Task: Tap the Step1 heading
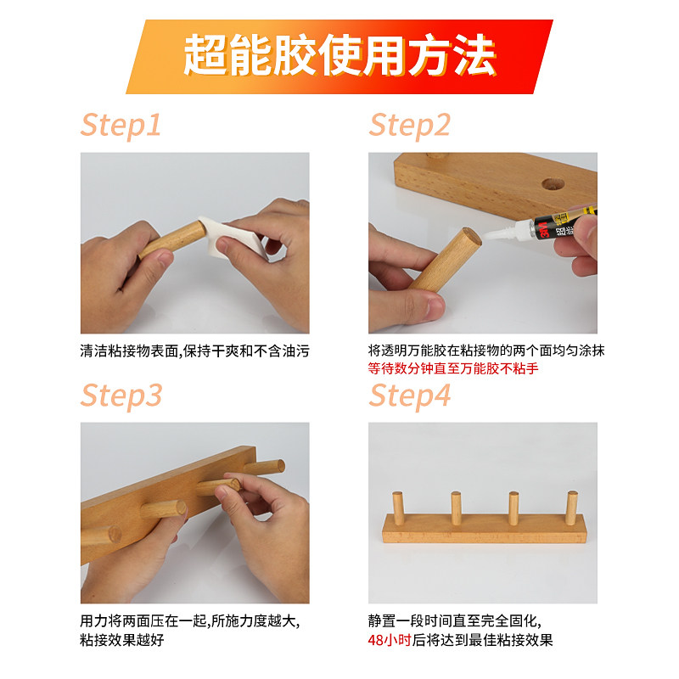(x=121, y=125)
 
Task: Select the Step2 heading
(x=409, y=125)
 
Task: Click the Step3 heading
(x=121, y=396)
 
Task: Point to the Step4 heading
(x=411, y=396)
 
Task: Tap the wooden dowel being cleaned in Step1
(x=170, y=240)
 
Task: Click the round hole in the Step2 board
(x=553, y=182)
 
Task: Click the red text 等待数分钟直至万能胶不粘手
(x=453, y=368)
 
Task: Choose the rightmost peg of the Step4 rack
(x=571, y=512)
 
